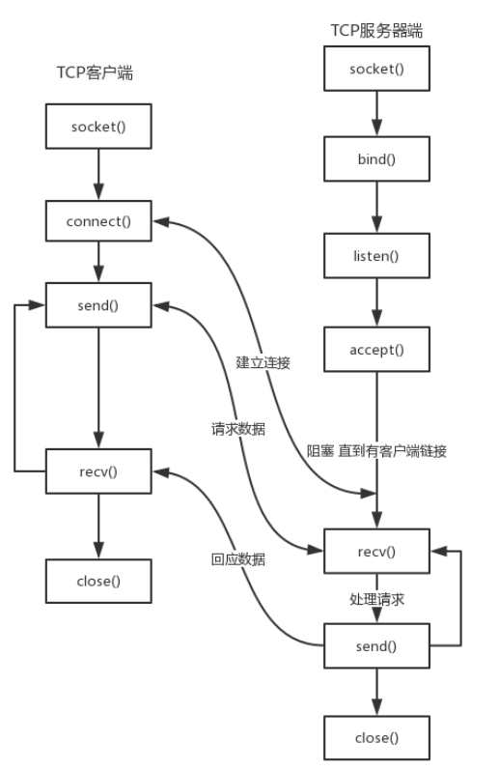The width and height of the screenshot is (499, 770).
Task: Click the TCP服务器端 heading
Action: (376, 31)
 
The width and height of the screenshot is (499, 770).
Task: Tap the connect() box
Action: (97, 221)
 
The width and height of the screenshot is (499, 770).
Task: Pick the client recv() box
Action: (97, 471)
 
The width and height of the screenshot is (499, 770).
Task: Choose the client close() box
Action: (97, 581)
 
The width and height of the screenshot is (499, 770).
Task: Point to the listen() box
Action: (376, 256)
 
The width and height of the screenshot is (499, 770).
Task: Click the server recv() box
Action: (376, 551)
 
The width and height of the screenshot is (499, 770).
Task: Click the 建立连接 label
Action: (263, 363)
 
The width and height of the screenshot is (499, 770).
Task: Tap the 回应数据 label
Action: (238, 558)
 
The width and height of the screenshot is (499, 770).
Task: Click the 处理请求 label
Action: (376, 599)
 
